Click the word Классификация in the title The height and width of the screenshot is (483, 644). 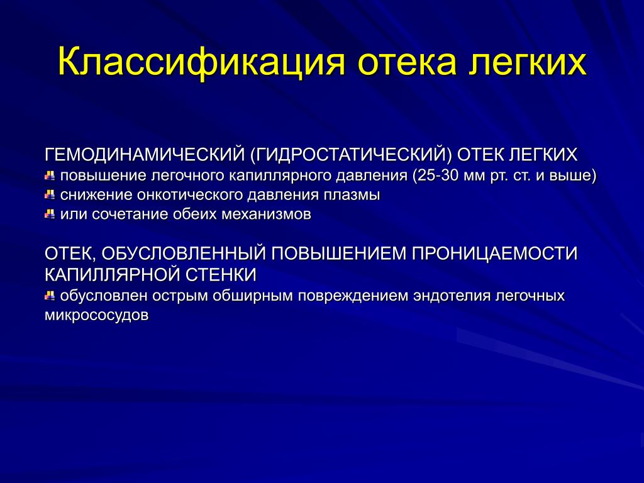coord(201,62)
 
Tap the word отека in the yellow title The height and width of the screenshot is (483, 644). coord(407,62)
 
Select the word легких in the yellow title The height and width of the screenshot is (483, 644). coord(528,62)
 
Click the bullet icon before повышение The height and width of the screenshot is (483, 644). coord(50,176)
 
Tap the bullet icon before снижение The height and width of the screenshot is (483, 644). coord(50,195)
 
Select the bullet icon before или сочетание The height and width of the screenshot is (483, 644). coord(50,214)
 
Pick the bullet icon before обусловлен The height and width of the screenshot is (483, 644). coord(50,296)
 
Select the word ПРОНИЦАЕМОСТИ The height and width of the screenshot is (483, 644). coord(494,253)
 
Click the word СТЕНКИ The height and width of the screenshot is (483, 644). coord(221,274)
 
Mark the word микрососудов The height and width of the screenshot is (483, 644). coord(96,316)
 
